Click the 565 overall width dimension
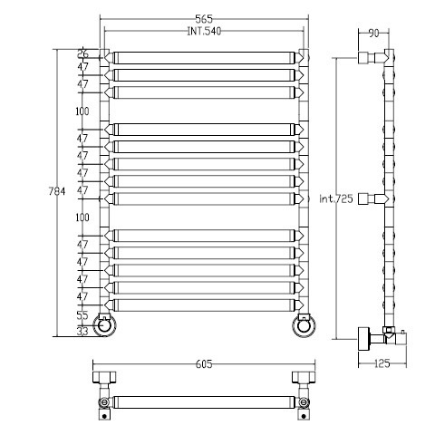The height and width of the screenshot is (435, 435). pos(204,19)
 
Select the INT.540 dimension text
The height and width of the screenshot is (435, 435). pos(204,31)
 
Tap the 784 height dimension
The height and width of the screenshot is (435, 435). pos(57,191)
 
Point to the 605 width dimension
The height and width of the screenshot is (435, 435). pos(204,364)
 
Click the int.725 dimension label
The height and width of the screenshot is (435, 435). pos(336,198)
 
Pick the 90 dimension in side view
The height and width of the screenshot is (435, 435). pos(373,34)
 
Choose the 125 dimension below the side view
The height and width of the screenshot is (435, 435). pos(382,363)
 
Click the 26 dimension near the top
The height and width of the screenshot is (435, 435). pos(82,53)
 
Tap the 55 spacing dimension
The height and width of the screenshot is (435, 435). pos(82,315)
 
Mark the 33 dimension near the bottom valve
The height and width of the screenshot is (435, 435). pos(82,331)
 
